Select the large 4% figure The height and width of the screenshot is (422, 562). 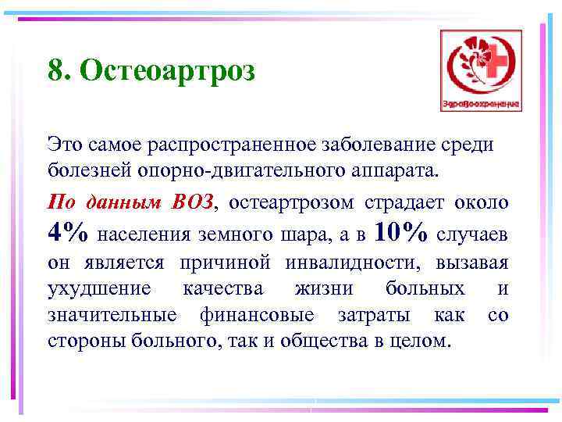69,232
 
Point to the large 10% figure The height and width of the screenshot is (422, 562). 402,232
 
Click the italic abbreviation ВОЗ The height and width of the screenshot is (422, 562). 191,202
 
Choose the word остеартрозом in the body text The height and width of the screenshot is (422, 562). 290,202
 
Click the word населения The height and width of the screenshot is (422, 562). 144,234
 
